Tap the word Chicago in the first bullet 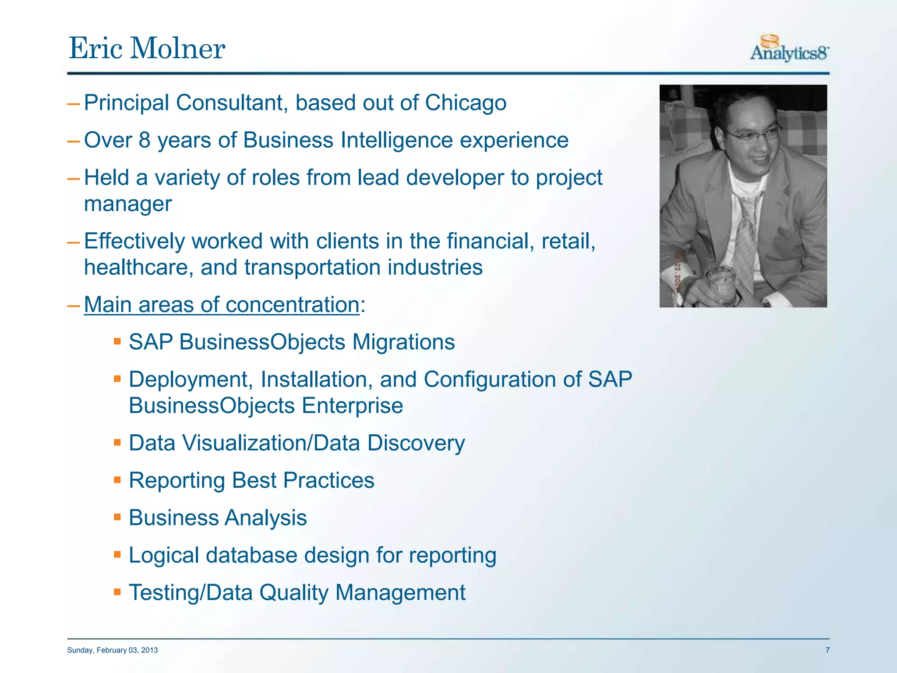[465, 103]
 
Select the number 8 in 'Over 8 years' [145, 141]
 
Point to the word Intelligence [396, 141]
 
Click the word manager [128, 204]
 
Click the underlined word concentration [293, 305]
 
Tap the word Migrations [403, 342]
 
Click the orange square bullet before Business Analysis [117, 517]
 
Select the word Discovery [416, 443]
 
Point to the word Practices [328, 481]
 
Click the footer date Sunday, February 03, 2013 [113, 650]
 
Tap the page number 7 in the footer [827, 650]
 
